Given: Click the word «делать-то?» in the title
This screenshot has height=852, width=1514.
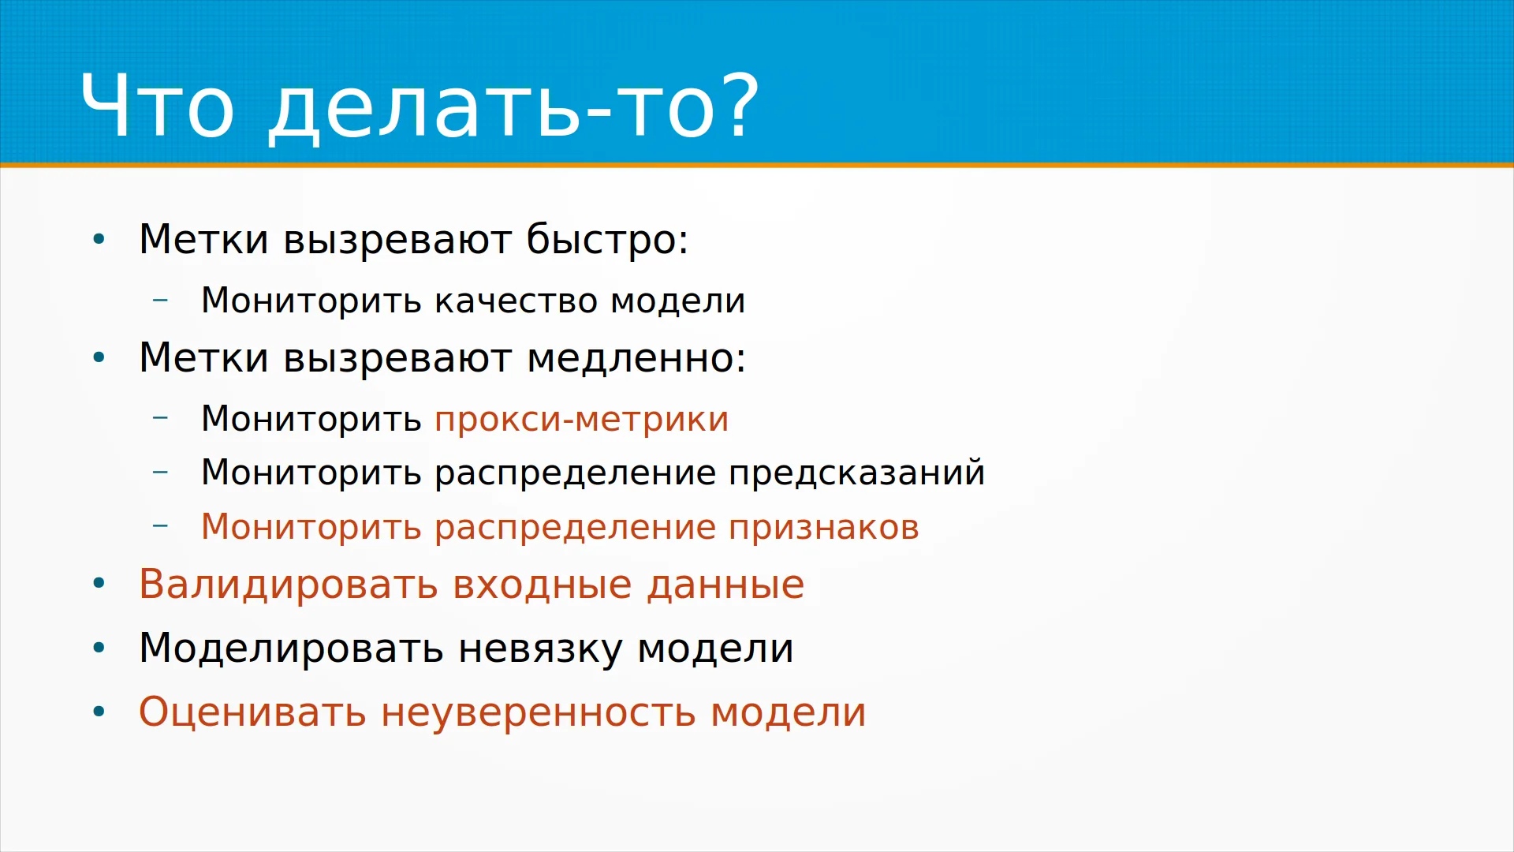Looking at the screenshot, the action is [514, 106].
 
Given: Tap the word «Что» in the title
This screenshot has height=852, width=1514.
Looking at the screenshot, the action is [157, 105].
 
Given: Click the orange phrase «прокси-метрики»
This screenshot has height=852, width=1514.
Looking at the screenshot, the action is [582, 419].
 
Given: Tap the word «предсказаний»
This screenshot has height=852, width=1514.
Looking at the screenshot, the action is [857, 473].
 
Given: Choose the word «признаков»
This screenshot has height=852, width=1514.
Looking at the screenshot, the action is [824, 528].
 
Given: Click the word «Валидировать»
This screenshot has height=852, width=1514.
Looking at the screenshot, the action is [289, 585].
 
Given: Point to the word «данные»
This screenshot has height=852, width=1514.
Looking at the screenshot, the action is [725, 585].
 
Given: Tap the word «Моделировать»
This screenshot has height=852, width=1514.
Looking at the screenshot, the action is [291, 648].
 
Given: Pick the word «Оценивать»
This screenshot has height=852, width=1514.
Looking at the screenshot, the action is [252, 712].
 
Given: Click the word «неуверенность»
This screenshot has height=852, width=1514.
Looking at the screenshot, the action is [539, 713].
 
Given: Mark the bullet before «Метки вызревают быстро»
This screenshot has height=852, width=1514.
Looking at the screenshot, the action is [99, 239].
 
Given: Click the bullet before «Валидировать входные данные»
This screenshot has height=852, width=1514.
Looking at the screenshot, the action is [99, 585].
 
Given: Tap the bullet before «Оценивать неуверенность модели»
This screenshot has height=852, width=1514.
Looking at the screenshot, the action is [99, 712].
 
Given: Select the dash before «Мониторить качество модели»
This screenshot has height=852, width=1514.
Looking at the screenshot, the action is [160, 300].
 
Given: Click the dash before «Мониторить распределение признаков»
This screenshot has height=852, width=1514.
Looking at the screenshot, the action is [160, 526].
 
